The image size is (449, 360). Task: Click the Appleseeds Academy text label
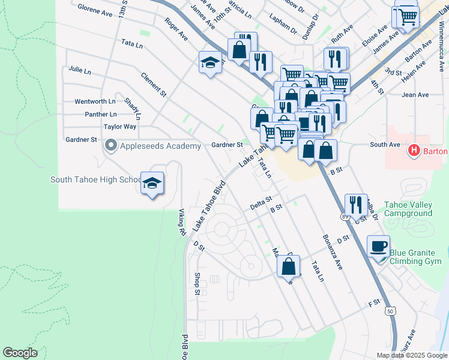click(160, 146)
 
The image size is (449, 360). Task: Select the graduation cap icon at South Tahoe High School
click(152, 182)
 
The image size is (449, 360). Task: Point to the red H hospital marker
click(414, 150)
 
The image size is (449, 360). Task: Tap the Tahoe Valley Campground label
click(408, 209)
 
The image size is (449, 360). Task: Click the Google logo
click(20, 353)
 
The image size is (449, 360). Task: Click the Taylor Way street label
click(120, 127)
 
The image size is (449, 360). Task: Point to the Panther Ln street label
click(101, 114)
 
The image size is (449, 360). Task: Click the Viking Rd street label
click(181, 221)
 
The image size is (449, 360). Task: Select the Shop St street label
click(197, 284)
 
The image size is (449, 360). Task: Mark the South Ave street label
click(385, 145)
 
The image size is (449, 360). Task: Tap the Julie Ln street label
click(80, 70)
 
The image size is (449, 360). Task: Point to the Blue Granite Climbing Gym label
click(418, 257)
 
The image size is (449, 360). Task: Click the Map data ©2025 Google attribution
click(412, 355)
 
